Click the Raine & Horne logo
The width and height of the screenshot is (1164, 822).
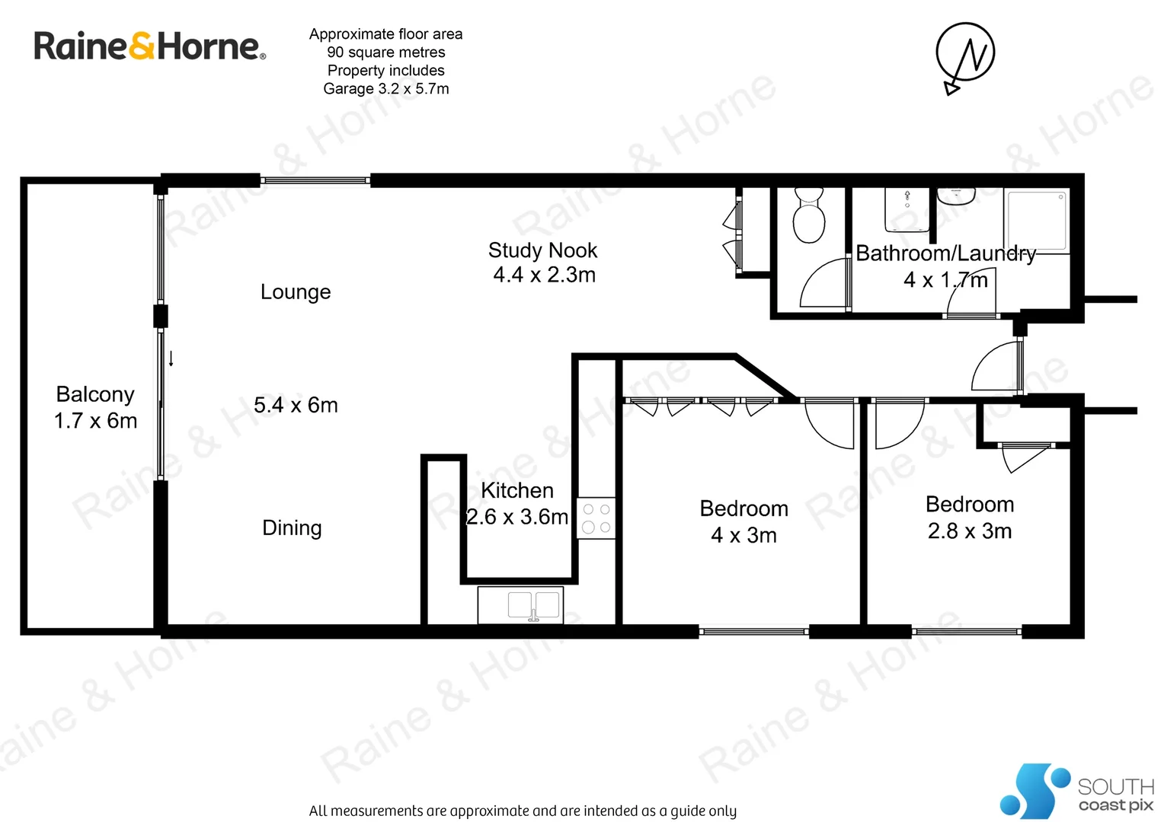(149, 46)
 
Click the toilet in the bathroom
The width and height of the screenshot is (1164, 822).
(808, 216)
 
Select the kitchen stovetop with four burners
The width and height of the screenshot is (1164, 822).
(596, 518)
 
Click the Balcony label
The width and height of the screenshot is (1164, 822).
(95, 394)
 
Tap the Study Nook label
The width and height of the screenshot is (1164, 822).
(542, 250)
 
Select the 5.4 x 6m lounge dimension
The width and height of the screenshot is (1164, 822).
(296, 406)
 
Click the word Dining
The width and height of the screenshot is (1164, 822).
(292, 528)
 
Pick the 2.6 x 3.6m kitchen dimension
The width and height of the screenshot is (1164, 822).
(517, 518)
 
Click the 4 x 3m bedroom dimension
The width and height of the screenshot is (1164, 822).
(743, 536)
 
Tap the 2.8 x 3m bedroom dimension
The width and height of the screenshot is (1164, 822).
(969, 531)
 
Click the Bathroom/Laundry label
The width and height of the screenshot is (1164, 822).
(945, 253)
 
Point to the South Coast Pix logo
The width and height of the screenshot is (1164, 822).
(1076, 792)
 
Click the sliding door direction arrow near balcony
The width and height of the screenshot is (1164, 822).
(171, 358)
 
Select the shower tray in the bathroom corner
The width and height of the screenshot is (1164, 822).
(1036, 221)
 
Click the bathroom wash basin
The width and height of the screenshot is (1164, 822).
(955, 198)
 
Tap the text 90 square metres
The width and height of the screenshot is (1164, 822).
(385, 53)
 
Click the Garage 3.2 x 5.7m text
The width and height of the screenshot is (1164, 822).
(385, 89)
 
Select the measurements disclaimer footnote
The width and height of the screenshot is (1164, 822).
(523, 811)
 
